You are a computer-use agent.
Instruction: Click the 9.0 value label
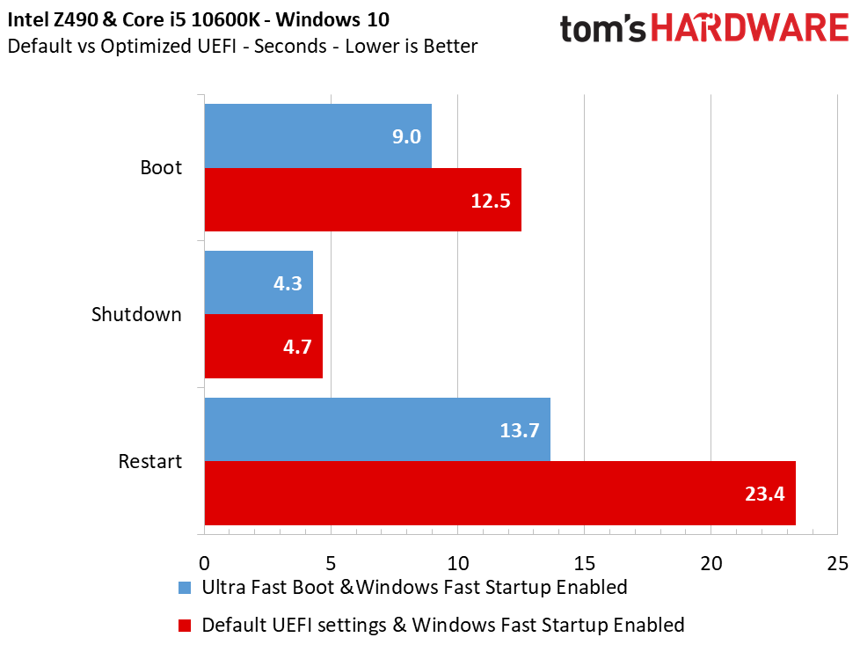pyautogui.click(x=407, y=136)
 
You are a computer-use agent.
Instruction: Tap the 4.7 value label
pyautogui.click(x=297, y=347)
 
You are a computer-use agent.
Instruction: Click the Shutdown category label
pyautogui.click(x=136, y=314)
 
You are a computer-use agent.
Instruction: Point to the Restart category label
pyautogui.click(x=150, y=461)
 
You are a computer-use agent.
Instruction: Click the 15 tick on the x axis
pyautogui.click(x=585, y=561)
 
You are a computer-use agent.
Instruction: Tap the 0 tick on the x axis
pyautogui.click(x=204, y=561)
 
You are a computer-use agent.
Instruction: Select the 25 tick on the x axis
pyautogui.click(x=838, y=561)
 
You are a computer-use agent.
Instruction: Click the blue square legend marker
pyautogui.click(x=184, y=587)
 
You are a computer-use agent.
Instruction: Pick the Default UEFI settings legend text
pyautogui.click(x=442, y=625)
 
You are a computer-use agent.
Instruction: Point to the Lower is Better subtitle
pyautogui.click(x=412, y=46)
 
